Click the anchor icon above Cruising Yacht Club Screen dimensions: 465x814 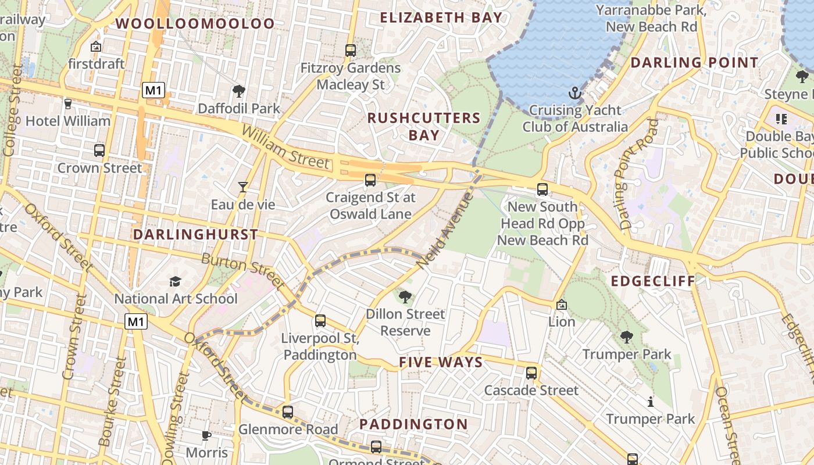pos(574,93)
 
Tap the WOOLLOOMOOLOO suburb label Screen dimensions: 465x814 pos(195,24)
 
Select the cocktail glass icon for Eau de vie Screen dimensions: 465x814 pos(243,187)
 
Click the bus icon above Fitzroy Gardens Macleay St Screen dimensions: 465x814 pos(350,51)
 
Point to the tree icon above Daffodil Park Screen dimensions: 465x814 pos(238,91)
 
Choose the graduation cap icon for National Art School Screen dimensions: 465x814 pos(175,282)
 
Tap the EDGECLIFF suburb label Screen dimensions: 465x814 pos(653,282)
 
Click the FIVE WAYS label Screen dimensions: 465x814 pos(441,363)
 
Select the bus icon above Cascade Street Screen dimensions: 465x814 pos(531,373)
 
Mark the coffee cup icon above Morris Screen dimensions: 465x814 pos(206,435)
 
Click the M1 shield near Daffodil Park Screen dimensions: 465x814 pos(153,90)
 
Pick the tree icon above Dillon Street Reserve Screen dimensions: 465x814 pos(405,297)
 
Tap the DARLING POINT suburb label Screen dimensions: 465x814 pos(694,63)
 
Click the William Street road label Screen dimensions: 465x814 pos(284,148)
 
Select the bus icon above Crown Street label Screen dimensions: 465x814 pos(99,151)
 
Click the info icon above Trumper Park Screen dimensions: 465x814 pos(651,402)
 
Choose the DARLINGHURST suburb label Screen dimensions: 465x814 pos(195,235)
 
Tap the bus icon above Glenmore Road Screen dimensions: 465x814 pos(288,412)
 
